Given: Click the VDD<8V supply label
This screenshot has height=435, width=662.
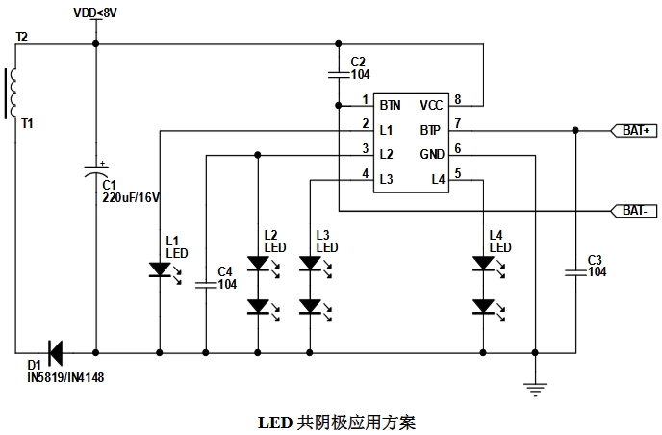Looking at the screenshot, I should click(x=96, y=13).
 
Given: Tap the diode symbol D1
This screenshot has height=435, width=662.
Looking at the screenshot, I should click(x=54, y=352).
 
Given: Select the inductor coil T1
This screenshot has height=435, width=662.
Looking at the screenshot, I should click(x=13, y=92).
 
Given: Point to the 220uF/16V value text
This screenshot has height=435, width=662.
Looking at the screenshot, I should click(x=131, y=197).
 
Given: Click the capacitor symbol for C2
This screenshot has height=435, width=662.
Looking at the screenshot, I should click(x=339, y=72).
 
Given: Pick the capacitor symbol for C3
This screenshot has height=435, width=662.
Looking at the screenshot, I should click(x=575, y=272).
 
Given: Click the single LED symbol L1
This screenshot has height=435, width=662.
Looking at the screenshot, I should click(x=160, y=270).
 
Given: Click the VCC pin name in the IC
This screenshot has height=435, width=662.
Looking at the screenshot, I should click(x=430, y=104).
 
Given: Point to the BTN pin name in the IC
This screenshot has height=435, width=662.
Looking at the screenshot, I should click(x=390, y=104).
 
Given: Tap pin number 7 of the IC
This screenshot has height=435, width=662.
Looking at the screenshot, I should click(x=458, y=123).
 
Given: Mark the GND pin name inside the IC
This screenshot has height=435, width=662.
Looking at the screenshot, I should click(x=430, y=154).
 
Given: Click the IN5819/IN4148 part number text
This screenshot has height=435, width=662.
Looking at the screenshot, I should click(x=65, y=378).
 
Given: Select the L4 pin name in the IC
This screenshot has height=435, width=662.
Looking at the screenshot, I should click(x=438, y=179).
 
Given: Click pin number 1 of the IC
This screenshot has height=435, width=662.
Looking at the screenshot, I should click(x=366, y=99).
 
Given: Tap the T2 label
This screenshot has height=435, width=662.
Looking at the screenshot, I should click(x=22, y=37).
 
